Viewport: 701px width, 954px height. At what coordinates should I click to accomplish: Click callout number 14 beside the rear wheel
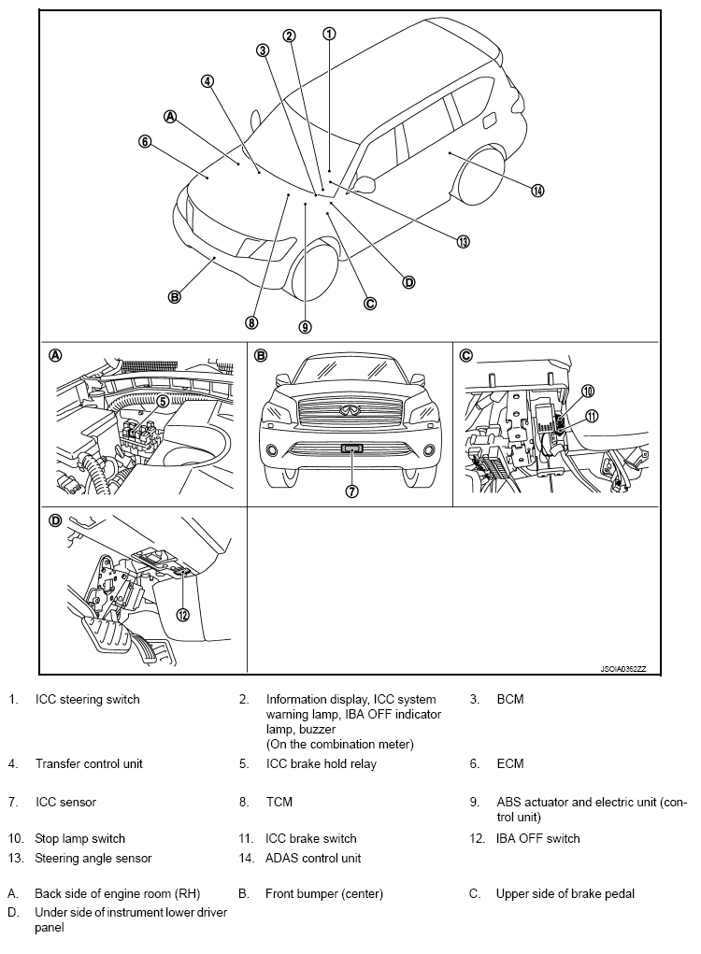tap(537, 191)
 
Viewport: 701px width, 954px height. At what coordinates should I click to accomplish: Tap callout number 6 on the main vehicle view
tap(145, 142)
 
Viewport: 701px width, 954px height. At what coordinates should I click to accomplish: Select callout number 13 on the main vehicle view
tap(463, 241)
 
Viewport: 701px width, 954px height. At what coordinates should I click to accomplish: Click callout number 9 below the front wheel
tap(305, 326)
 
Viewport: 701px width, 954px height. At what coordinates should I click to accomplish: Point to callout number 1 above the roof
tap(329, 34)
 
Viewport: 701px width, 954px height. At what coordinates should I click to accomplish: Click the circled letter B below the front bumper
tap(174, 297)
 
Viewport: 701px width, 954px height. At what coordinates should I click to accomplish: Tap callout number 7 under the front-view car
tap(352, 491)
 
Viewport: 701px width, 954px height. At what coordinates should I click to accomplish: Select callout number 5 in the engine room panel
tap(162, 401)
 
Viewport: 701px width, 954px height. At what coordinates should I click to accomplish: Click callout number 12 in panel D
tap(183, 614)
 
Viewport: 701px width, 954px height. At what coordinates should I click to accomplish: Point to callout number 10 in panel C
tap(588, 391)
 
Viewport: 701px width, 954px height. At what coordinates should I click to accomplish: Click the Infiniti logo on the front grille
tap(352, 408)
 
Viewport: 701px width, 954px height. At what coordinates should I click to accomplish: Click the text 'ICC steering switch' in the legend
tap(87, 699)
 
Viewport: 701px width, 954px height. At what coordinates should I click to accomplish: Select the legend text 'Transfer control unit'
tap(89, 763)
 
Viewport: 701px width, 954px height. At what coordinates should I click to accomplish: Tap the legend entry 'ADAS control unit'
tap(313, 858)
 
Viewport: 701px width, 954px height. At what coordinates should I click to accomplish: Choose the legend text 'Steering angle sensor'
tap(93, 858)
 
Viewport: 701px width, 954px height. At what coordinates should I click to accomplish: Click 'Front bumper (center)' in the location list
tap(323, 893)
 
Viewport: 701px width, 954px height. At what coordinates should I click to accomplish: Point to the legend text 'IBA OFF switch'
tap(537, 838)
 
